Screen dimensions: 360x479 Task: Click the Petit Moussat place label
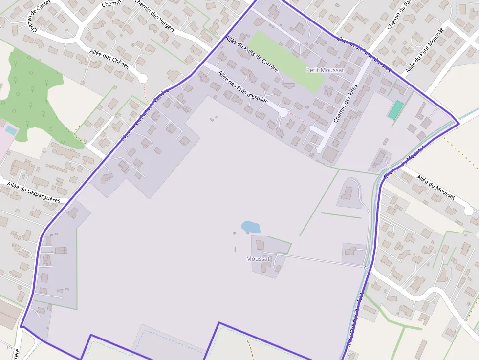pos(325,70)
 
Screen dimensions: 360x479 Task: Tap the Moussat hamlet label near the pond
pos(258,259)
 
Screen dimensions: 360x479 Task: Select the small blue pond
pos(250,227)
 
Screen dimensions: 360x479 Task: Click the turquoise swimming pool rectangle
pos(395,110)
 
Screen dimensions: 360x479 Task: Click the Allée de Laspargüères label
pos(34,191)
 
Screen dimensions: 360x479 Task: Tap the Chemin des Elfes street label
pos(346,104)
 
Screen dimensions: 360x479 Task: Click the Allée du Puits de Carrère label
pos(251,54)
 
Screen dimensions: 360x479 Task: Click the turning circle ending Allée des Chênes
pos(143,78)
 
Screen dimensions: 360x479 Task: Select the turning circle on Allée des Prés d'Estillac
pos(283,113)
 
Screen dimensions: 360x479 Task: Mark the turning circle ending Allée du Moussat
pos(468,211)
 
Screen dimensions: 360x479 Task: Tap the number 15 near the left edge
pos(9,347)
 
